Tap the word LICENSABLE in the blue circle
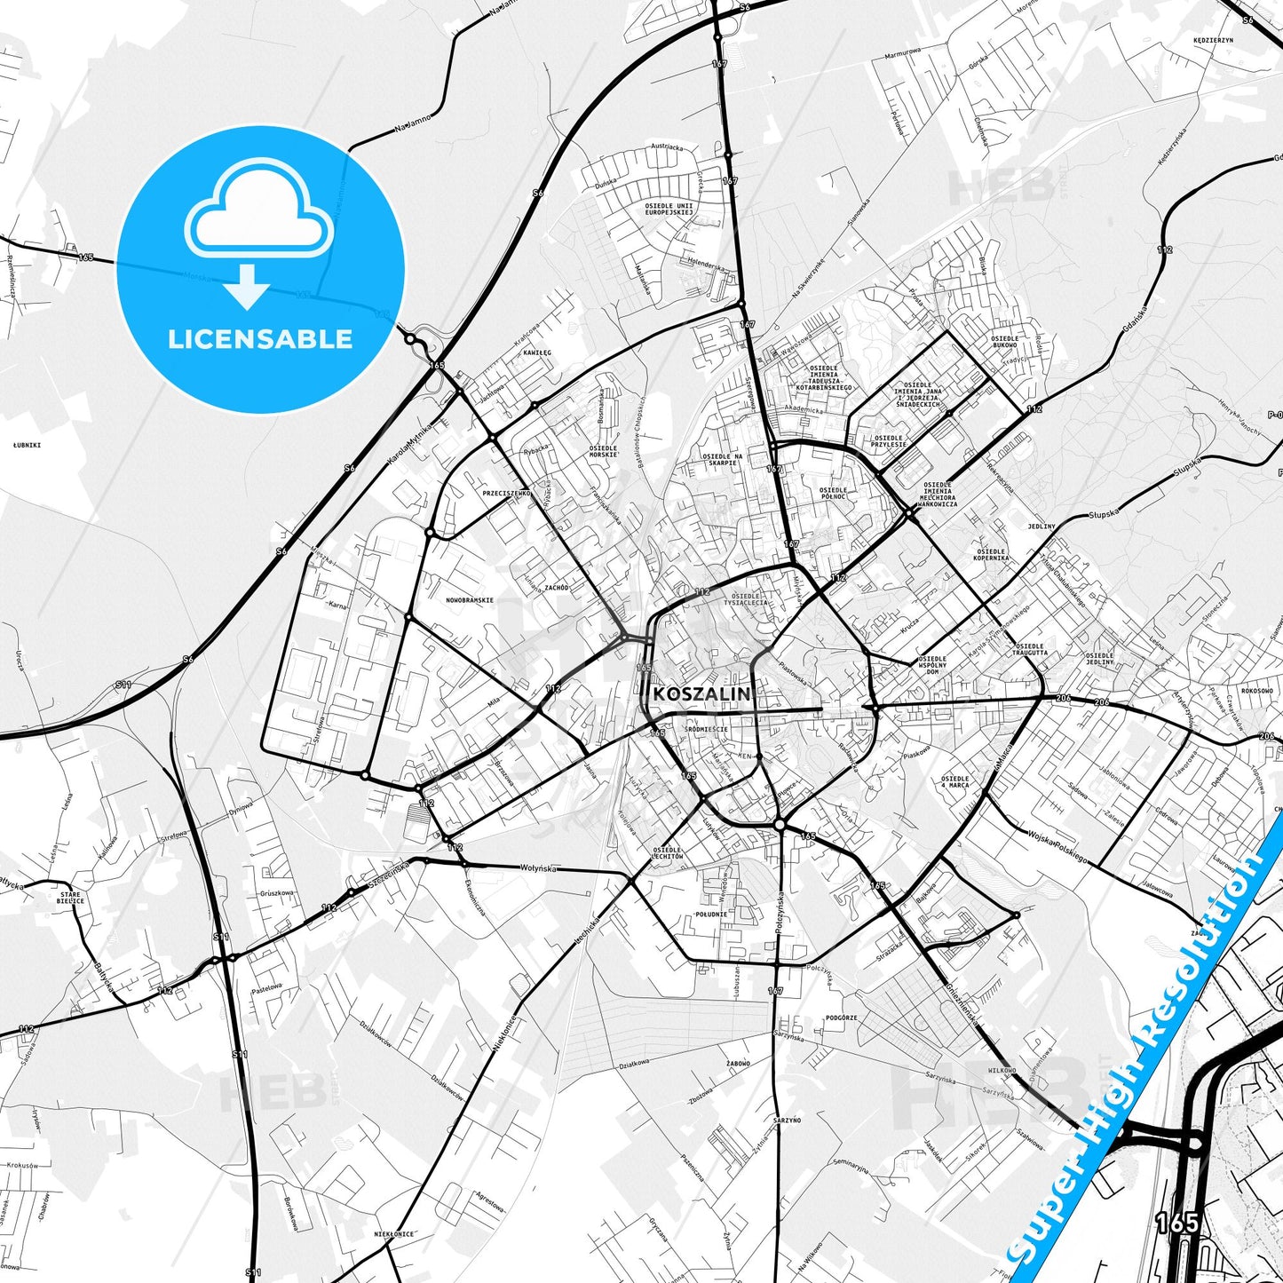(260, 338)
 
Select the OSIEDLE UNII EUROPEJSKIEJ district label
(669, 209)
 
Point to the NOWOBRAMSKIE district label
(470, 600)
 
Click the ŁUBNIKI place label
(28, 445)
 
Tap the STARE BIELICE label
(70, 898)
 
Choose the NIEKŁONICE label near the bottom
(393, 1233)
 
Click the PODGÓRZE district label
(841, 1018)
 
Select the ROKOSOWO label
(1256, 690)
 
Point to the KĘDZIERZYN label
(1214, 41)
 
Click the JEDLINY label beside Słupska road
(1041, 527)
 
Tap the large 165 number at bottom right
(1178, 1224)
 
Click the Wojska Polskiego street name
(1057, 848)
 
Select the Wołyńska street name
(538, 867)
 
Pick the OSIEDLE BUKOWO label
(1005, 341)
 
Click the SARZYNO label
(787, 1121)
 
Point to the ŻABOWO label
(738, 1063)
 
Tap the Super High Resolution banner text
(1138, 1057)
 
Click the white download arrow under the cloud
(249, 286)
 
